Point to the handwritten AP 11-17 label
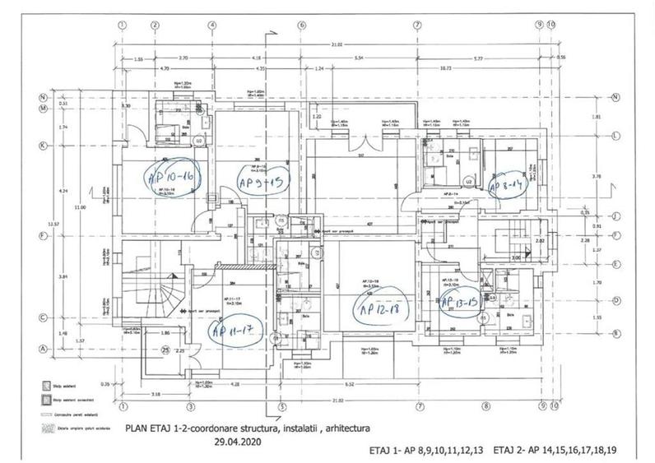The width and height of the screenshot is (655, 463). [237, 332]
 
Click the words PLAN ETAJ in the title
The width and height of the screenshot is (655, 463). [151, 428]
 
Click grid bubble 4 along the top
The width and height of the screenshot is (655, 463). [213, 25]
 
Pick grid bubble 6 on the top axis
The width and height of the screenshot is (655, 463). [302, 25]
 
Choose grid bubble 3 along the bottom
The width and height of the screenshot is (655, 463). [190, 405]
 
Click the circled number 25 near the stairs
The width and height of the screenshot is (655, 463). [166, 350]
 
